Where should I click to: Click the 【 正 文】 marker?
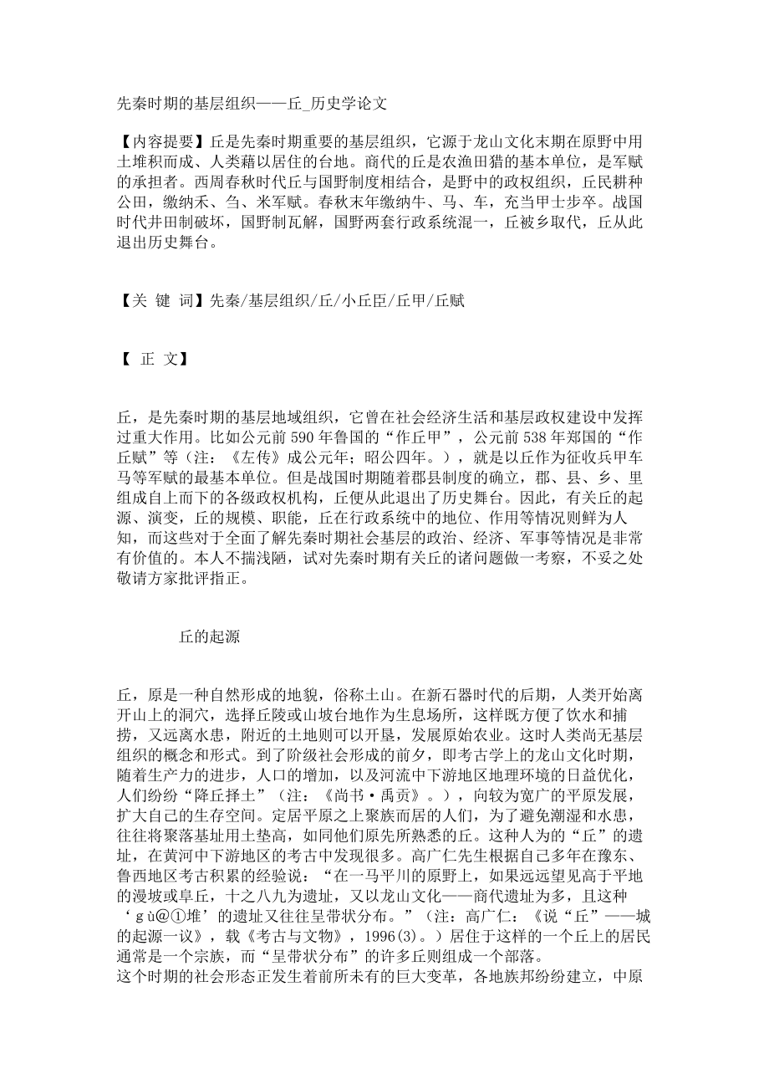point(151,360)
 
